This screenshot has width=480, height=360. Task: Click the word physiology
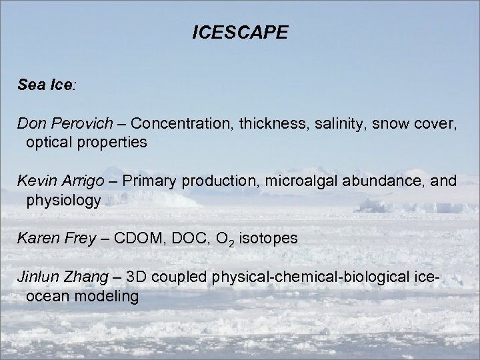pos(63,201)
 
